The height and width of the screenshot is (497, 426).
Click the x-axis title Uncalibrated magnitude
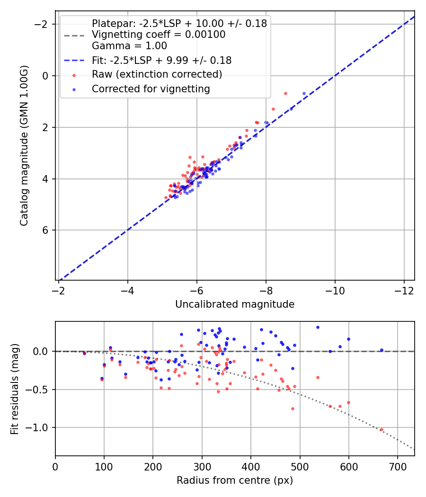click(x=235, y=304)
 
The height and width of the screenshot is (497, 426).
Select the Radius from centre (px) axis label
click(x=235, y=480)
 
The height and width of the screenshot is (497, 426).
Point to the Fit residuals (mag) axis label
click(x=15, y=389)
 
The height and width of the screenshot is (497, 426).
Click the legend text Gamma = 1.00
click(x=129, y=46)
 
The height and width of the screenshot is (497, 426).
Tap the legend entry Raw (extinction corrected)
click(x=157, y=74)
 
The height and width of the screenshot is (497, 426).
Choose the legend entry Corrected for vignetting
click(x=151, y=89)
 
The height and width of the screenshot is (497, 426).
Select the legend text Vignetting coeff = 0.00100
click(x=159, y=35)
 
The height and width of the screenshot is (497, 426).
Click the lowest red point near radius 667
click(x=382, y=430)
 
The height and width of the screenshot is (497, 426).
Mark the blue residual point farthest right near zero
click(x=382, y=350)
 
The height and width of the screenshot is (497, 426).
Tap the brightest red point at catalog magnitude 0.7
click(x=285, y=94)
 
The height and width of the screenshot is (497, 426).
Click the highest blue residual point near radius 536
click(x=318, y=327)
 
